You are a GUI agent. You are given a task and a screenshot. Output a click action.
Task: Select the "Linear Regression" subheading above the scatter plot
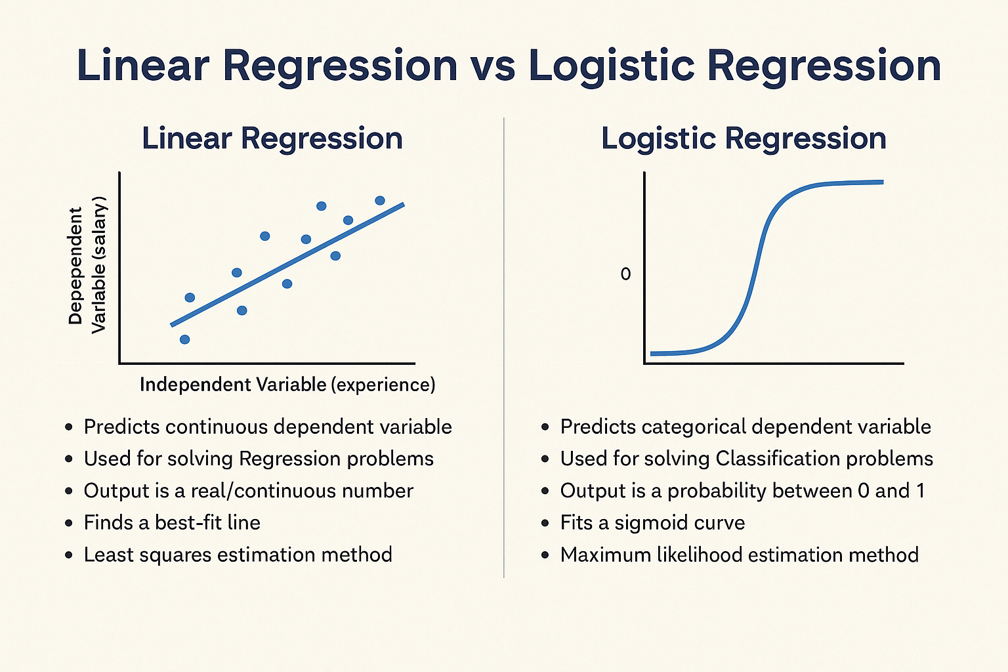tap(272, 138)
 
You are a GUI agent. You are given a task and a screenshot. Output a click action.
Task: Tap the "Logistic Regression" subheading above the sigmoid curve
tap(744, 138)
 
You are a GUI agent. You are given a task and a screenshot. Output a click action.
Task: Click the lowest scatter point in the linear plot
tap(185, 339)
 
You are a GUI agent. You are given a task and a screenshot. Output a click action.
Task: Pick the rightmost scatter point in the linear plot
tap(380, 201)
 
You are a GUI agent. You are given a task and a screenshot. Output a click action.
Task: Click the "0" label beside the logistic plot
tap(625, 274)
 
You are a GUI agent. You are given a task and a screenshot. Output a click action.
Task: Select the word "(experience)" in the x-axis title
tap(383, 385)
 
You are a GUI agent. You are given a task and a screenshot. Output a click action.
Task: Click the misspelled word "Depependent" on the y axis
tap(75, 266)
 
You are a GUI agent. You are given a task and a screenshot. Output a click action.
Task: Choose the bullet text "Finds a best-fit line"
tap(172, 522)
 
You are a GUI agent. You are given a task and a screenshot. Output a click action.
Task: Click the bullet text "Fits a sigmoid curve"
tap(652, 522)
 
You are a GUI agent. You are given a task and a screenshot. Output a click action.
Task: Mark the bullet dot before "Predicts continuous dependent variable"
tap(69, 427)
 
